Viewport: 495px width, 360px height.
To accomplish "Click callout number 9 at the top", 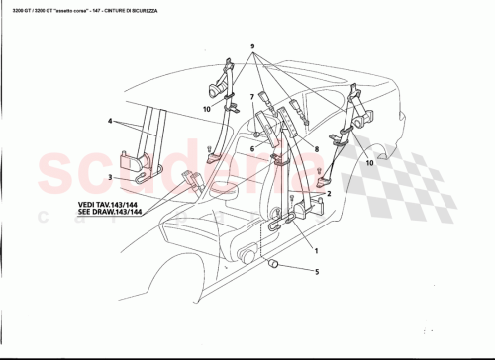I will (x=252, y=47).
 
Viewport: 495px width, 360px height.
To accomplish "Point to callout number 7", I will (x=252, y=98).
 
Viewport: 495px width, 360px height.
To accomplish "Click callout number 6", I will (x=252, y=148).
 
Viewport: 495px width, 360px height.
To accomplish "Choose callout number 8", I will (x=315, y=148).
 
